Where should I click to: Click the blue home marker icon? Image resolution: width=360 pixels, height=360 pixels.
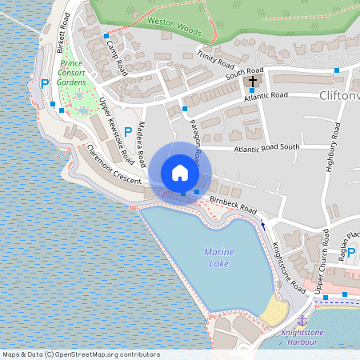pos(180,172)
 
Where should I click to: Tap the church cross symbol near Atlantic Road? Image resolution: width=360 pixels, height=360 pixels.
pos(253,81)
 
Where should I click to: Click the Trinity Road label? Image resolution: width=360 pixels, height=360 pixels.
pos(214,59)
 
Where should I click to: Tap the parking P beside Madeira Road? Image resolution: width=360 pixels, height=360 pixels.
pos(128,132)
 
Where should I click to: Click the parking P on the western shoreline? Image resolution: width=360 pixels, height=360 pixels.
pos(45,83)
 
